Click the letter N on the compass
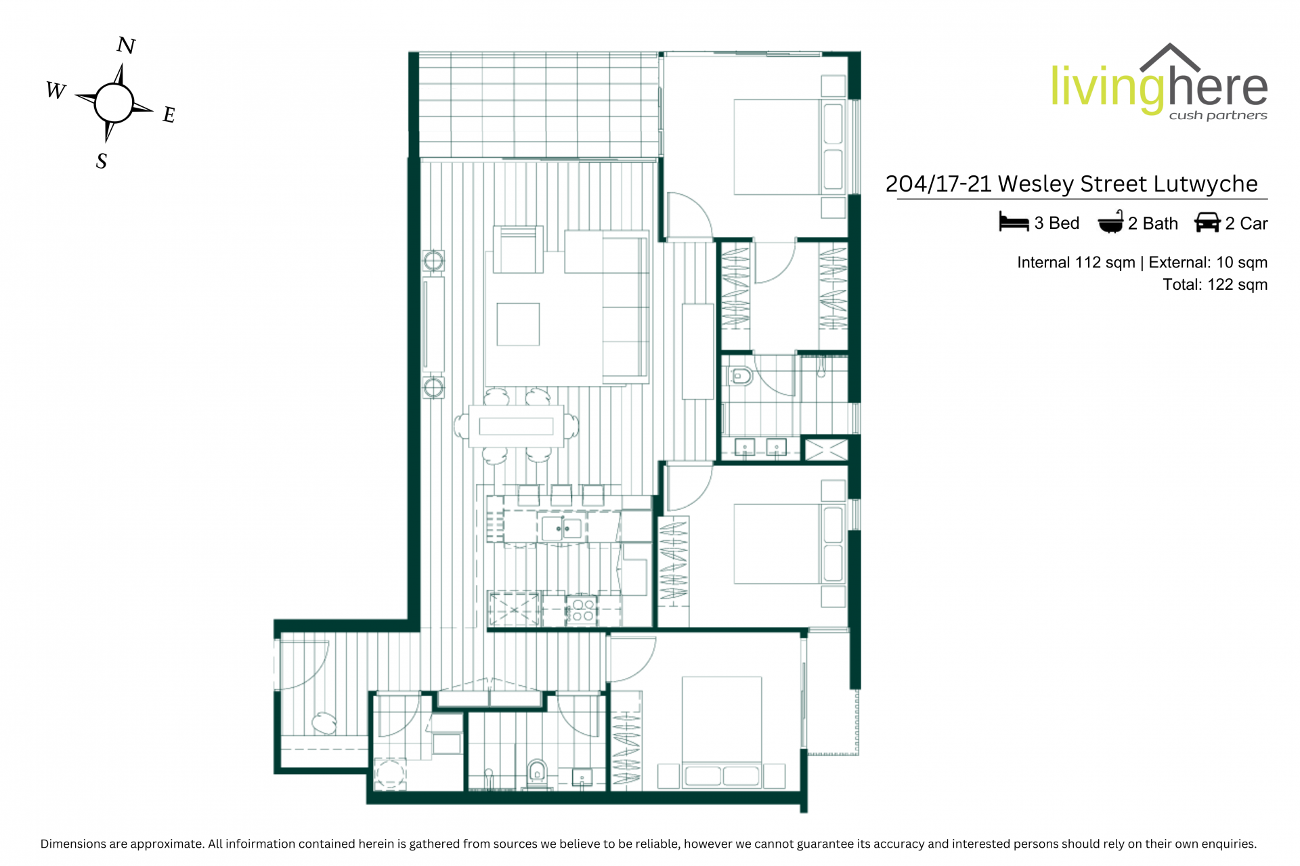127,45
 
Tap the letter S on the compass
102,161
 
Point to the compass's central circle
114,103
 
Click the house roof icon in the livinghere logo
1170,58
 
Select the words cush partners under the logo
1218,116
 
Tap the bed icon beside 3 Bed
1014,222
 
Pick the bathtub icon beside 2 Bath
1110,222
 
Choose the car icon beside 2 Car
1207,222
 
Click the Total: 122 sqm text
1215,284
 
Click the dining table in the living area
516,426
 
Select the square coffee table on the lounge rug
518,324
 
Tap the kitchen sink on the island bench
561,527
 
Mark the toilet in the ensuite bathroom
740,376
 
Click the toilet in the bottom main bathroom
537,773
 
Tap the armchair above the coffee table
518,249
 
